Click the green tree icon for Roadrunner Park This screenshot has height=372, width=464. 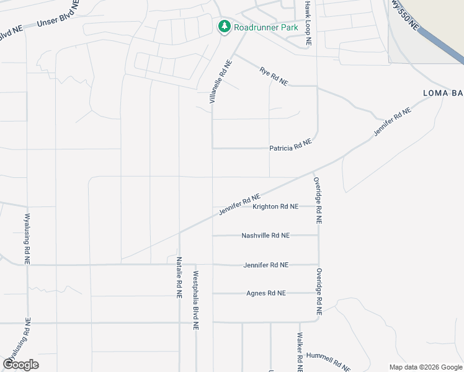pyautogui.click(x=224, y=27)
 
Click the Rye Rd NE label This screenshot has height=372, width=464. pyautogui.click(x=274, y=77)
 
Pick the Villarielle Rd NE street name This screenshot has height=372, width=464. pyautogui.click(x=220, y=81)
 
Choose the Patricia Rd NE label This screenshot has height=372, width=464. pyautogui.click(x=290, y=146)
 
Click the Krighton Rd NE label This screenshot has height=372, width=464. pyautogui.click(x=275, y=206)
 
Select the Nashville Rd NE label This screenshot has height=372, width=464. pyautogui.click(x=265, y=236)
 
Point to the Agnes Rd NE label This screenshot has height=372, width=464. pyautogui.click(x=266, y=293)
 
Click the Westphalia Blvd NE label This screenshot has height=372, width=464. pyautogui.click(x=195, y=299)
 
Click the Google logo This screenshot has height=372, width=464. pyautogui.click(x=20, y=365)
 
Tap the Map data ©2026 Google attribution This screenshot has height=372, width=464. pyautogui.click(x=426, y=367)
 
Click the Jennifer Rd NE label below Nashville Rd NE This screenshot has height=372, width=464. pyautogui.click(x=265, y=265)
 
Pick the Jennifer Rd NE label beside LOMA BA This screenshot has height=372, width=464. pyautogui.click(x=392, y=122)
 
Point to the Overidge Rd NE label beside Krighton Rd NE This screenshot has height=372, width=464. pyautogui.click(x=318, y=200)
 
